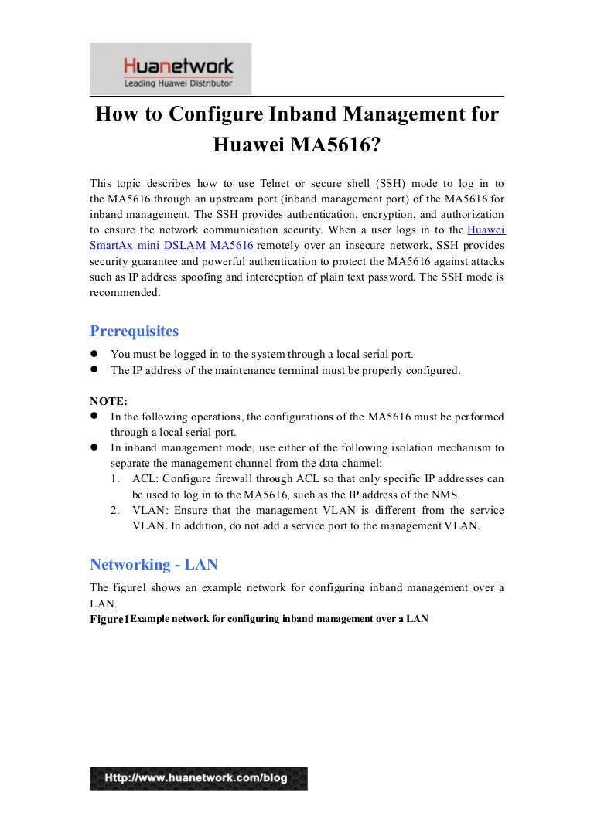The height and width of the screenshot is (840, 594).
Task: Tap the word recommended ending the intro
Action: (x=125, y=292)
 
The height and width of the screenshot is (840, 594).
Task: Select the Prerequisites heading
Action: (x=135, y=332)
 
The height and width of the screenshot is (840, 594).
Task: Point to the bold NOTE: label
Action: (x=109, y=400)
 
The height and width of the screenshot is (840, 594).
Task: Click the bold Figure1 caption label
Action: (x=108, y=620)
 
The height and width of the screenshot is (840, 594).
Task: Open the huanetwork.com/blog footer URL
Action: (x=199, y=778)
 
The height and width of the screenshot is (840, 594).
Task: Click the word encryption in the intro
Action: (x=367, y=214)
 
